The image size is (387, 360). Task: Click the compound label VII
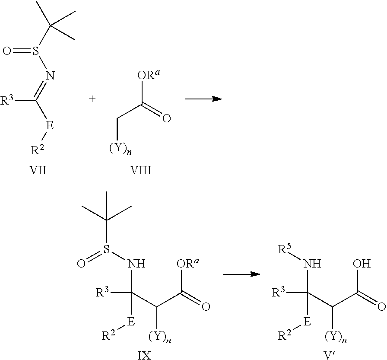coord(38,170)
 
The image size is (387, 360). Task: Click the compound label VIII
coord(140,170)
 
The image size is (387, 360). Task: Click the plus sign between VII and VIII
coord(92,99)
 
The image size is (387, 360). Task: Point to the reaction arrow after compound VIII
coord(203,99)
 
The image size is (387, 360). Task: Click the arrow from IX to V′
coord(242,274)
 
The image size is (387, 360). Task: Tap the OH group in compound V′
coord(362,264)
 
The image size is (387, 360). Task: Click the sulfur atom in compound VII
coord(36,51)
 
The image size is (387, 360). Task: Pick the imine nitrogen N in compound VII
coord(51,75)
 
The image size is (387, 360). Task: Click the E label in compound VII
coord(50,125)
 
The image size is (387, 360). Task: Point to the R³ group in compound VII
coord(7,100)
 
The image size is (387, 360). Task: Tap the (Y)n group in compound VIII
coord(120,150)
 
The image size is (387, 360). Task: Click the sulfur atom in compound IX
coord(106,250)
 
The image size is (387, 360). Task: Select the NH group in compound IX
coord(136,264)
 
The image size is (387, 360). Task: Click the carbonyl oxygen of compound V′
coord(381,307)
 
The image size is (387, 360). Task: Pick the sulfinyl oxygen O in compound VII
coord(7,51)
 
